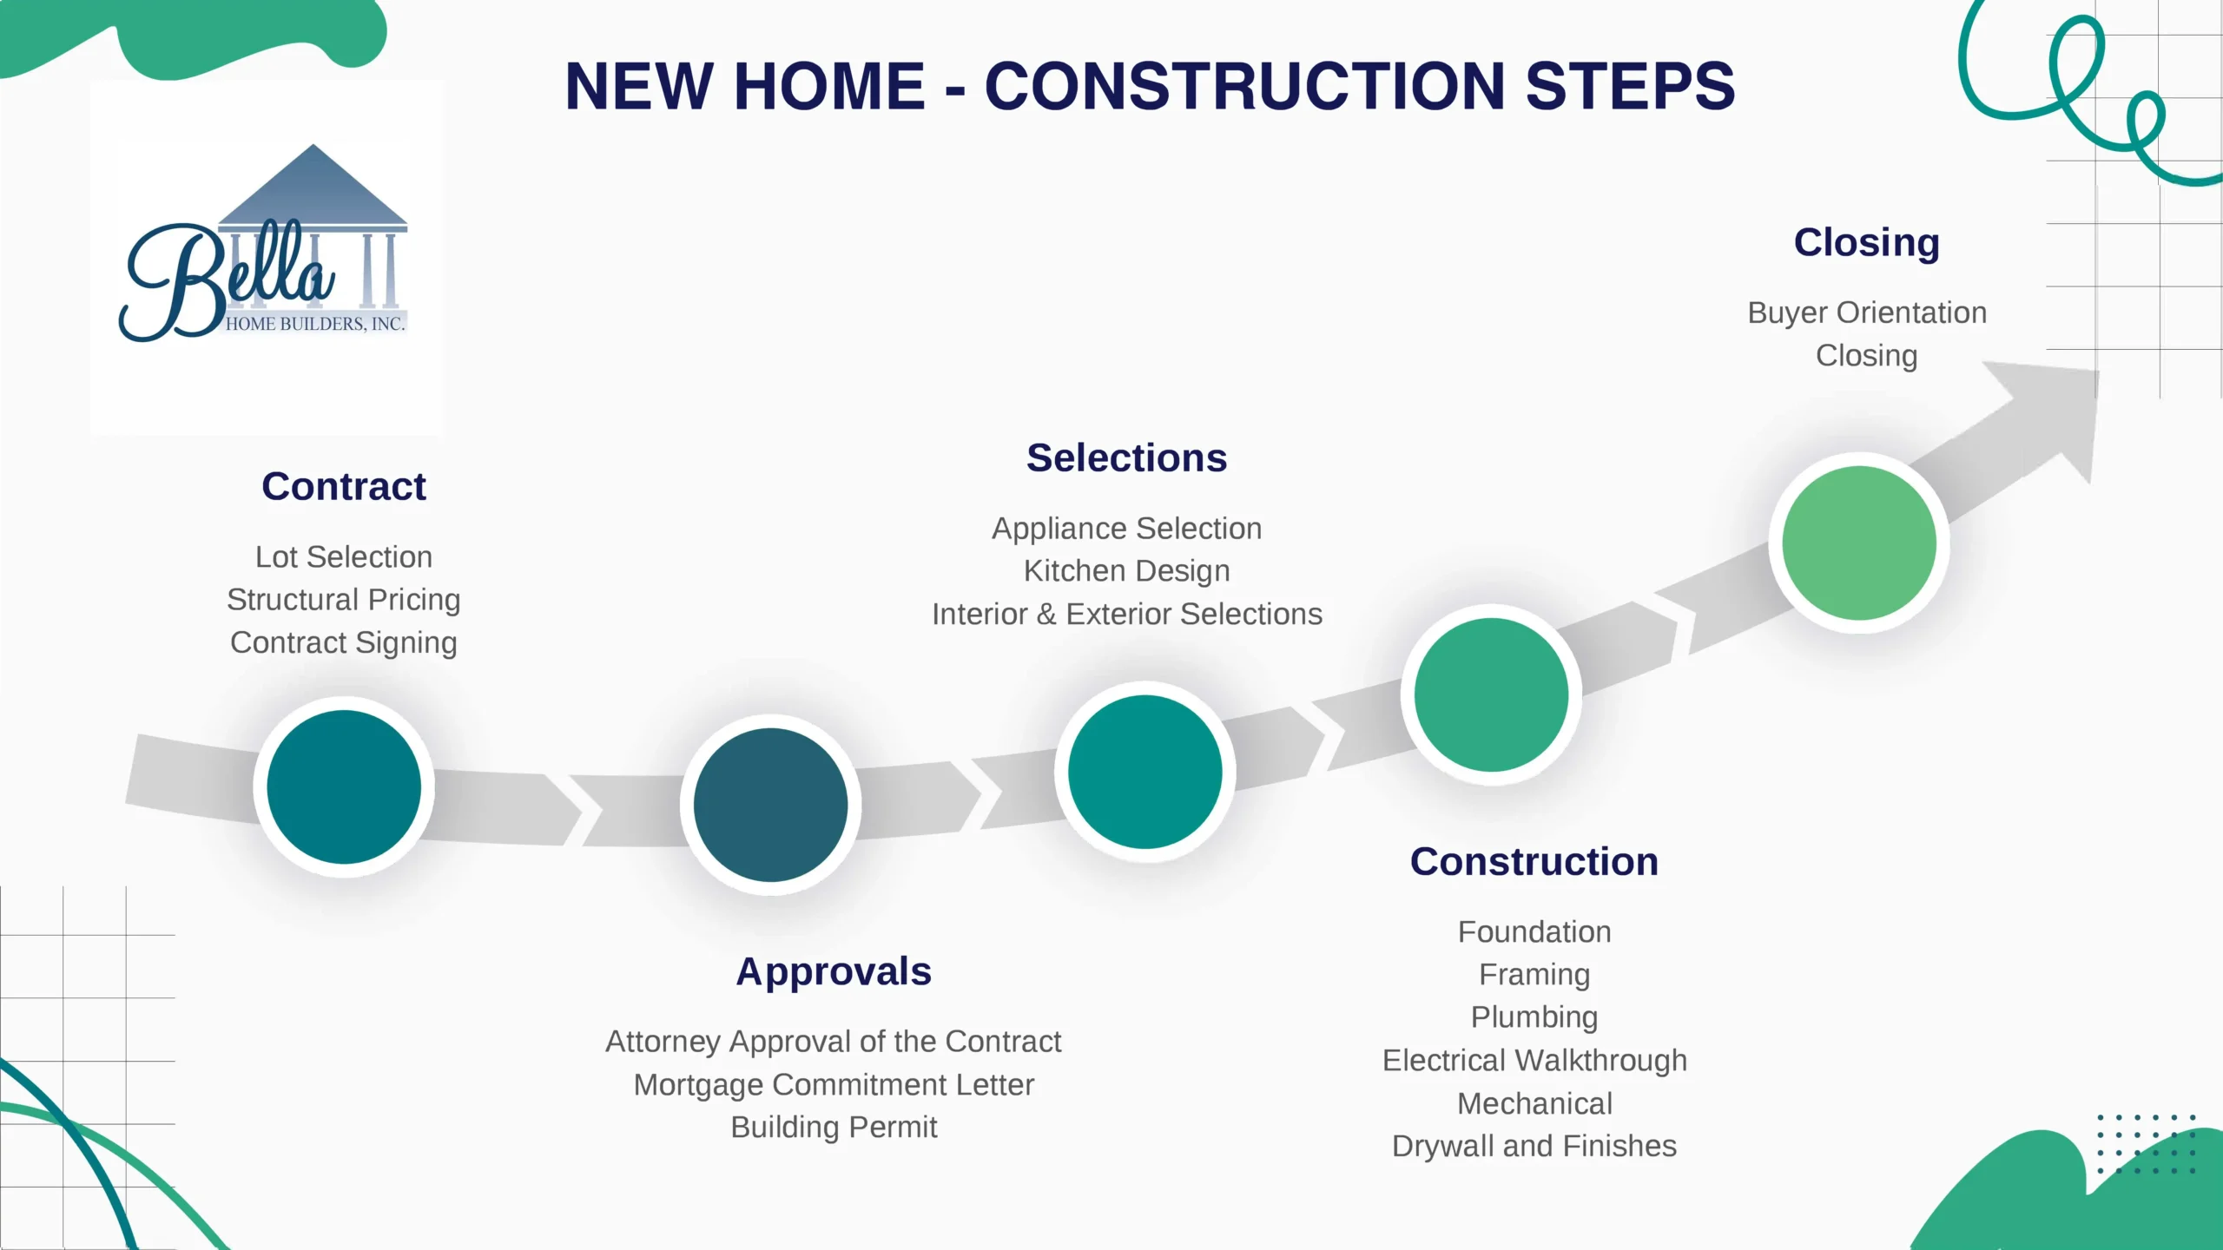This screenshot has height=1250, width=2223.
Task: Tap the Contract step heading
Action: (x=344, y=486)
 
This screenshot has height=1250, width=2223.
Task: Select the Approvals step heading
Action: (x=834, y=971)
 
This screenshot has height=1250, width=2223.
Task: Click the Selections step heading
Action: (x=1127, y=457)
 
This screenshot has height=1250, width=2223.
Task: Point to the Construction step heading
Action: (x=1534, y=862)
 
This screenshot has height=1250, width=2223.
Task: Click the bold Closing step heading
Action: (x=1867, y=243)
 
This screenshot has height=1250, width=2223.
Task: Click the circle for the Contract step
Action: (x=344, y=786)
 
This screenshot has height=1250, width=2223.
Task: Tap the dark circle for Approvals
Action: (x=770, y=805)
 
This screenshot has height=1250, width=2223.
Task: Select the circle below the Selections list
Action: (x=1145, y=772)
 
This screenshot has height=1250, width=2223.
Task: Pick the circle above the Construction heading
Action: (x=1491, y=694)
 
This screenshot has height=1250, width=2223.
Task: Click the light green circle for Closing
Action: (x=1859, y=543)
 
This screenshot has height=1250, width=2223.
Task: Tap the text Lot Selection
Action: (x=344, y=557)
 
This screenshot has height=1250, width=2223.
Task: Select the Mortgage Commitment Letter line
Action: (x=834, y=1085)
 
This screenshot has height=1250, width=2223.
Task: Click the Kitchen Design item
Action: (x=1127, y=571)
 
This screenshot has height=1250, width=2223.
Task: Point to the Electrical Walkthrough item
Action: (x=1534, y=1061)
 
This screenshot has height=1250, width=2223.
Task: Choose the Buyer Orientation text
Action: (x=1867, y=313)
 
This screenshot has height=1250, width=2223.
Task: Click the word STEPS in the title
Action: (x=1630, y=86)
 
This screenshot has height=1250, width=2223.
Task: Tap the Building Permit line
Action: (x=834, y=1128)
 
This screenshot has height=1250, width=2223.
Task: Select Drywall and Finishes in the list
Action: (x=1534, y=1147)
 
